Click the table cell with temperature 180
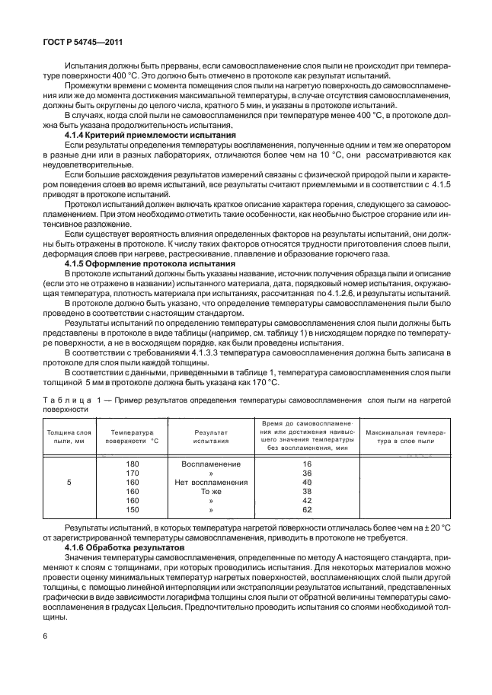click(x=132, y=463)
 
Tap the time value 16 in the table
click(x=307, y=463)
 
